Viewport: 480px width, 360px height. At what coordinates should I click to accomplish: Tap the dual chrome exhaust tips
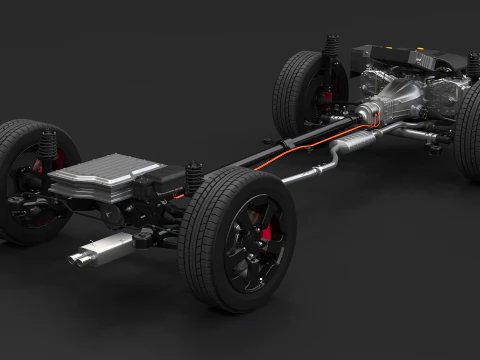click(x=77, y=259)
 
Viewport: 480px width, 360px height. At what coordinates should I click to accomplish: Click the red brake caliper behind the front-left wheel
click(x=326, y=98)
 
